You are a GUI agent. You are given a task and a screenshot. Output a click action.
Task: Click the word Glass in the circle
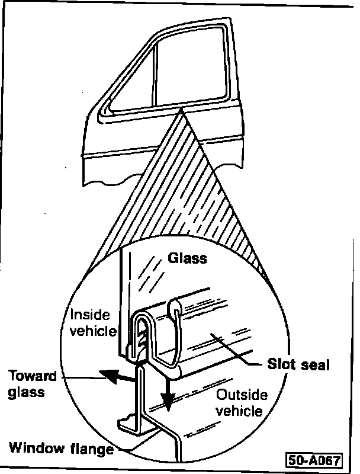(188, 258)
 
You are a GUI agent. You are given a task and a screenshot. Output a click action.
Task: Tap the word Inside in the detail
(87, 314)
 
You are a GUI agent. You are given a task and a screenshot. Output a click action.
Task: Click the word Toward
(33, 376)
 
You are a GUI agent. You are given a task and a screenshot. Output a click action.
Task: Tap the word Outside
(242, 395)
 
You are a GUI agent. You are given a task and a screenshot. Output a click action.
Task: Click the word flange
(93, 449)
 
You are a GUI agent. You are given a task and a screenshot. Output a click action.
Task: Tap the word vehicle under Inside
(93, 330)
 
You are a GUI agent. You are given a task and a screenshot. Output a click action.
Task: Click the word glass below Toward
(26, 392)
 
